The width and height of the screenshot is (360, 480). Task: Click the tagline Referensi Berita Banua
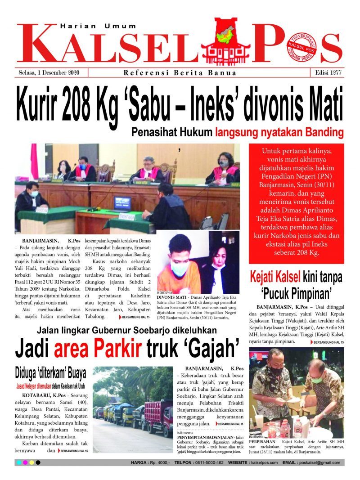click(180, 73)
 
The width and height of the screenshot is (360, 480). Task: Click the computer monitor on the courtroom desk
click(122, 203)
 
